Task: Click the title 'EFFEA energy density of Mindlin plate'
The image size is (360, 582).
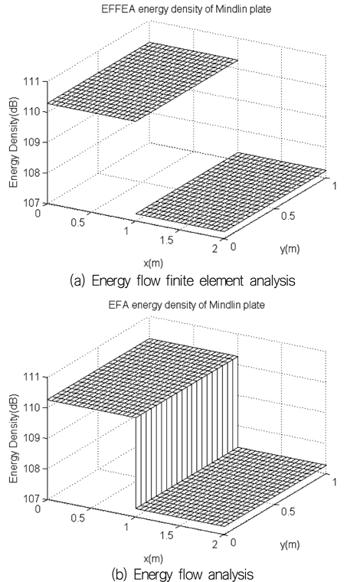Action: [186, 9]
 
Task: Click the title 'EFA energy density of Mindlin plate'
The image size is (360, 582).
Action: [187, 305]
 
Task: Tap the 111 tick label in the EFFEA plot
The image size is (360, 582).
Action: [31, 81]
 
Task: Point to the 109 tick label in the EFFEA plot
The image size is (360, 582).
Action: [31, 142]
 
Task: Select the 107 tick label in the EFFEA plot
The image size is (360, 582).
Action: [31, 203]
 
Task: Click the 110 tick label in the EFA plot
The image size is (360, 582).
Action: [31, 407]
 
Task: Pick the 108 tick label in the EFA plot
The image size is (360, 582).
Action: [31, 468]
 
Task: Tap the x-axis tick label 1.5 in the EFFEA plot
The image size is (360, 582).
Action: [167, 240]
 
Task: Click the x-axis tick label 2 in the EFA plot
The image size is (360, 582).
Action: [214, 544]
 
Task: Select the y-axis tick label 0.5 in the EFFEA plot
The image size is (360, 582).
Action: [288, 216]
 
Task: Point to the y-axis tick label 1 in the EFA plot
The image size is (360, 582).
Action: [334, 482]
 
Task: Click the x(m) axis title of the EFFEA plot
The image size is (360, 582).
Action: [153, 263]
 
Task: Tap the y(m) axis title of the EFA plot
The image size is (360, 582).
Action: [290, 545]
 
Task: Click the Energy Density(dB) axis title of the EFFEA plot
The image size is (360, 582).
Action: [14, 142]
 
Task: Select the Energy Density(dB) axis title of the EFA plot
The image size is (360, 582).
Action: [14, 437]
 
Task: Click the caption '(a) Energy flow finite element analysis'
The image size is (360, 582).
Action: [182, 280]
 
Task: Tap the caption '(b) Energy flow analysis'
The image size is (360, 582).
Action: [182, 574]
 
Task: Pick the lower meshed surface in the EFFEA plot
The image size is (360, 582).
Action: [231, 192]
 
